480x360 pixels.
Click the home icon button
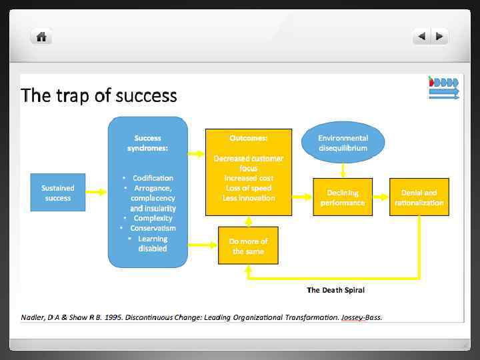pos(41,37)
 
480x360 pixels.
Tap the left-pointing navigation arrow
pos(421,37)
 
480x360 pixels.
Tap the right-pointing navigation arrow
pos(439,37)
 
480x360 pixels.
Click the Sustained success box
pos(58,193)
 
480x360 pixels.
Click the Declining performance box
pos(343,197)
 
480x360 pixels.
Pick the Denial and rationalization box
pos(419,197)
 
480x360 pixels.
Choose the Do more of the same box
pos(248,246)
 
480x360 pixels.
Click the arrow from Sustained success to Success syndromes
pos(97,193)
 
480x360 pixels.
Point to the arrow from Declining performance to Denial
pos(381,197)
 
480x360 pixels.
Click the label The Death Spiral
pos(335,290)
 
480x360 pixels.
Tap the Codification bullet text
pos(153,178)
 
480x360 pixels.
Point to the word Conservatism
pos(153,228)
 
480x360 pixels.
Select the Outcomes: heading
pos(248,138)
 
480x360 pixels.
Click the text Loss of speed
pos(248,188)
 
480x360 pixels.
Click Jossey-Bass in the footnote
pos(361,317)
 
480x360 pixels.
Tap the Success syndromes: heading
pos(147,143)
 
